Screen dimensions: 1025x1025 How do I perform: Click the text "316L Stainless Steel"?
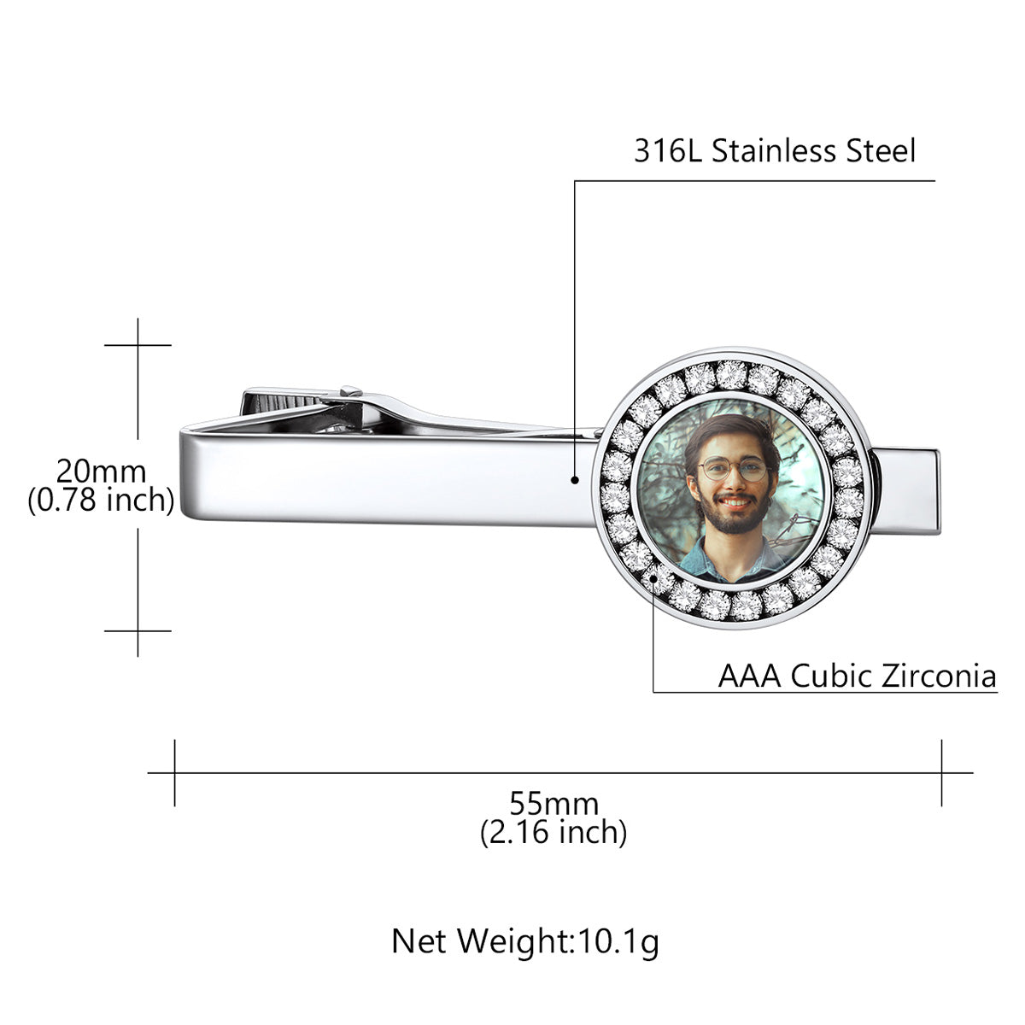point(774,151)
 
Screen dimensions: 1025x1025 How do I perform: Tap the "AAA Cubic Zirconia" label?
point(857,676)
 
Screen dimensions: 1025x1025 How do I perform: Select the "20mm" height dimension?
point(101,471)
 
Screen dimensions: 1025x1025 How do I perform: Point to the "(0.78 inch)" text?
point(101,500)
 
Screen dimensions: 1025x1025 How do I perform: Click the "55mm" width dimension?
point(553,804)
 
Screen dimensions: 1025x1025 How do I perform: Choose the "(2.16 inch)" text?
point(553,831)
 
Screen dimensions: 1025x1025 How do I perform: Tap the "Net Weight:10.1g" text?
point(525,941)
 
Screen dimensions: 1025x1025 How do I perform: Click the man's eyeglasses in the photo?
point(733,468)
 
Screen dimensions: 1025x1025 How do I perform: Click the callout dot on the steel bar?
point(576,480)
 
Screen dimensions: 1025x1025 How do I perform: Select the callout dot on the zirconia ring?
point(654,578)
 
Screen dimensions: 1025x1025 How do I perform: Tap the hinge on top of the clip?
point(350,392)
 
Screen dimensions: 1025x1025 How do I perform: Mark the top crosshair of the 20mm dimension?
point(138,345)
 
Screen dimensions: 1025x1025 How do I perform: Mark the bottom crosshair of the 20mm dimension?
point(138,630)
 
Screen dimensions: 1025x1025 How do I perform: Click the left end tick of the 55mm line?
point(175,773)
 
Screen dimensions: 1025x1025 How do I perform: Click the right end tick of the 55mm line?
point(941,773)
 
